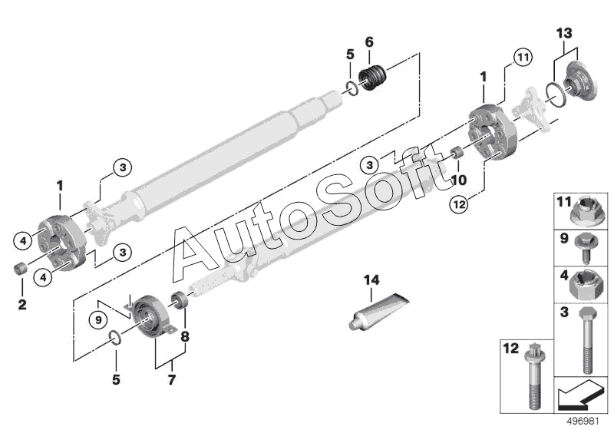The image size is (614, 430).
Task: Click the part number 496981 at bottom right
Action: point(583,422)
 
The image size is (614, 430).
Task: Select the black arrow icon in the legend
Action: point(579,395)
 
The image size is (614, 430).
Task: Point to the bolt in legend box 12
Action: point(534,376)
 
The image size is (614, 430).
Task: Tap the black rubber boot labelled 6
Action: point(373,79)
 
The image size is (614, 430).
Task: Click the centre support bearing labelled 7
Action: point(151,316)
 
